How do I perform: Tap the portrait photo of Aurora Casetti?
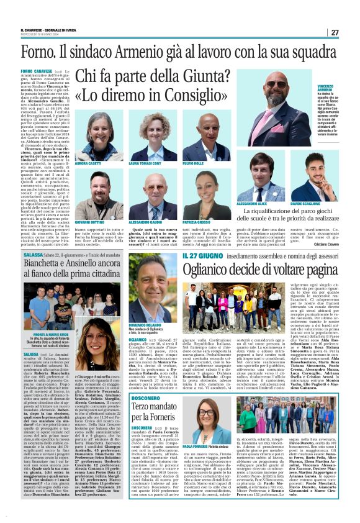[x=90, y=137]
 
